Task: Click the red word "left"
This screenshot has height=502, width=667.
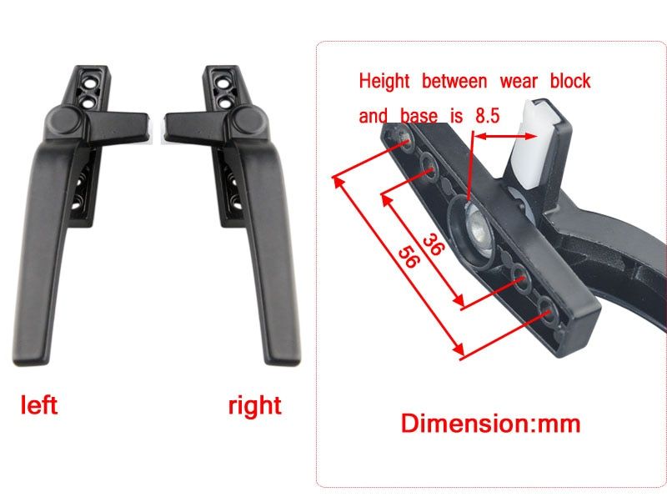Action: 38,404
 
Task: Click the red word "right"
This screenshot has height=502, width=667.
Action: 255,406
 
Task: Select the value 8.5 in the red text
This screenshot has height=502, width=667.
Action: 487,116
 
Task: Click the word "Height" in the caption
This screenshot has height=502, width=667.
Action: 384,81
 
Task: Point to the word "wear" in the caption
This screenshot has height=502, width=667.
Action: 519,81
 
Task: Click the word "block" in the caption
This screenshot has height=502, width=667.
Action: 570,81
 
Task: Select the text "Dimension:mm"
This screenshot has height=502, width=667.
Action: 490,424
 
